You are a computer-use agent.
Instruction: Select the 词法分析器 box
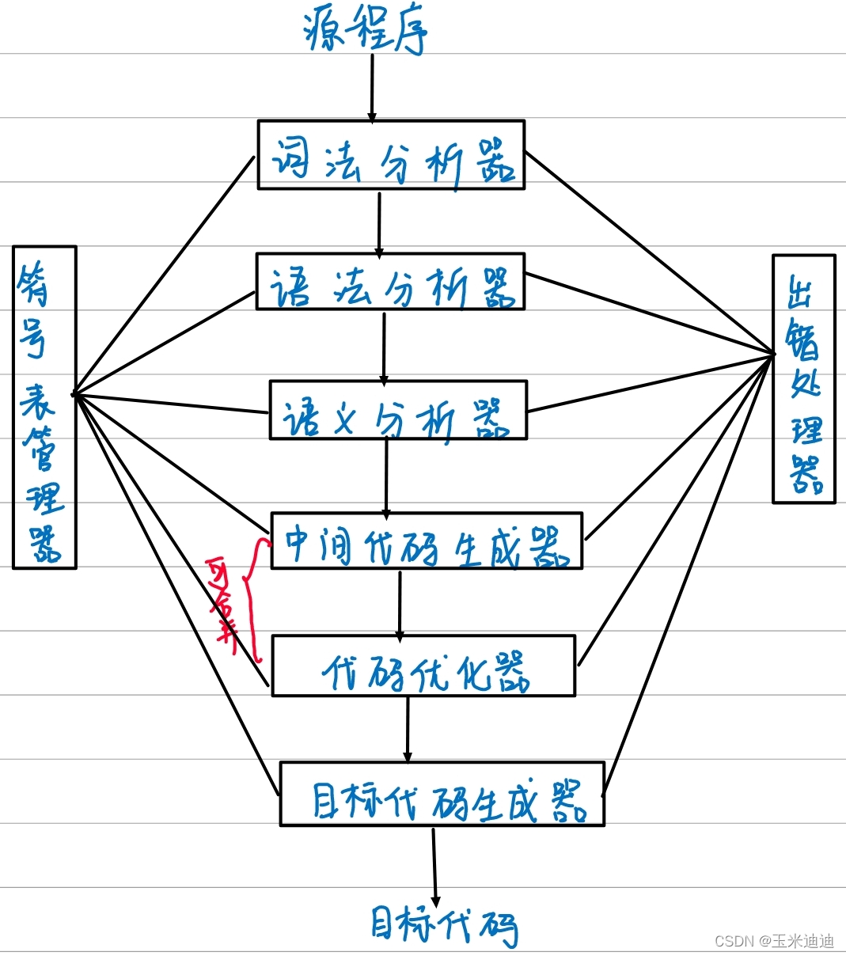point(391,155)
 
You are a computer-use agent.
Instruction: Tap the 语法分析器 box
point(390,282)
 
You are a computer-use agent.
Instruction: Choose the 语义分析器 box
point(398,410)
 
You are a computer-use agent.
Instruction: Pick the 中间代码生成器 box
point(427,541)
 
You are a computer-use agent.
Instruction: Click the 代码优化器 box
point(423,666)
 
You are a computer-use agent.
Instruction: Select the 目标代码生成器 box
point(442,795)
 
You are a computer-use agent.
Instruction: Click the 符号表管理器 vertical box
point(44,407)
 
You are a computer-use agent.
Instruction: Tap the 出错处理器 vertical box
point(803,379)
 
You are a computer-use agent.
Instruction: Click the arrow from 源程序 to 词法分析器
point(371,87)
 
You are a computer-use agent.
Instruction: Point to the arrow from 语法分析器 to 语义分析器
point(384,346)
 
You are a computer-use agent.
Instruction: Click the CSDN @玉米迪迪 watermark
point(774,941)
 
